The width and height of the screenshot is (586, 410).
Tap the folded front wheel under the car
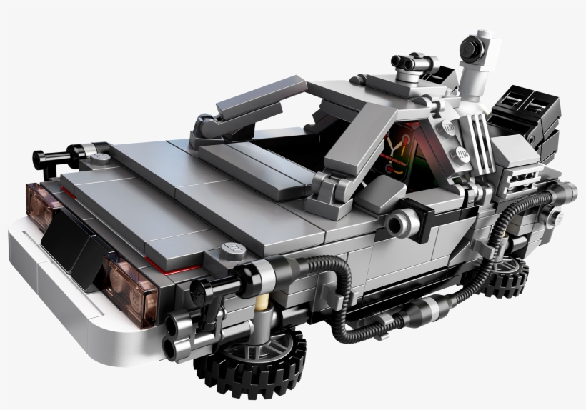click(x=250, y=362)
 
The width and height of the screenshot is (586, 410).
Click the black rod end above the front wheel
click(x=202, y=289)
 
